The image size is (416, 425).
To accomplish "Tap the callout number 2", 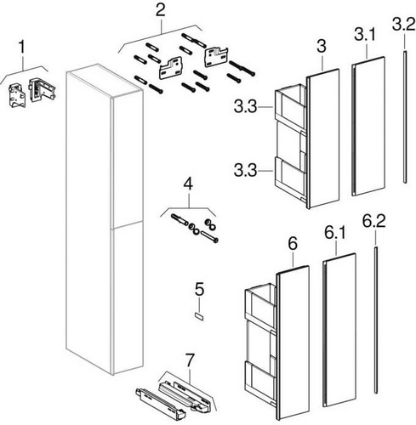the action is coord(161,11).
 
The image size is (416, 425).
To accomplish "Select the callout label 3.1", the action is coord(365,35).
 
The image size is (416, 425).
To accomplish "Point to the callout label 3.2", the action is coord(404,24).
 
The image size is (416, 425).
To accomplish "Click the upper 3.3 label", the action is coord(246,107).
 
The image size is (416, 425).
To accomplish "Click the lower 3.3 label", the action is coord(246,171).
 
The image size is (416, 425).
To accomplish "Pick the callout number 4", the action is coord(188,184).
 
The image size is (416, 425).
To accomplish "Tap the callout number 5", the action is coord(199,289).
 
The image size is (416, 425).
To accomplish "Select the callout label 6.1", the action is coord(335,233).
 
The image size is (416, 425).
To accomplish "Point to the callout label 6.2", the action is coord(374,221).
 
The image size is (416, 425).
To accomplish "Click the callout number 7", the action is coord(190,360).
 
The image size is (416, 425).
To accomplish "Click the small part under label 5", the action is coord(199,316).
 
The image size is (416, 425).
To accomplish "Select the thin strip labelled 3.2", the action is coord(405,116).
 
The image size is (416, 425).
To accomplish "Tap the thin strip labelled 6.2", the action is coord(376,320).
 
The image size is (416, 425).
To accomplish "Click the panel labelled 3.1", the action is coord(368,127).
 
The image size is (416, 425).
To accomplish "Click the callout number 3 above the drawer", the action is coord(322,46).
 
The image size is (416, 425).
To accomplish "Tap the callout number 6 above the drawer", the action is coord(293,244).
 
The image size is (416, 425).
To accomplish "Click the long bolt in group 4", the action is coord(209,236).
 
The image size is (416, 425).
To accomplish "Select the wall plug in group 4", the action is coord(180,219).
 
